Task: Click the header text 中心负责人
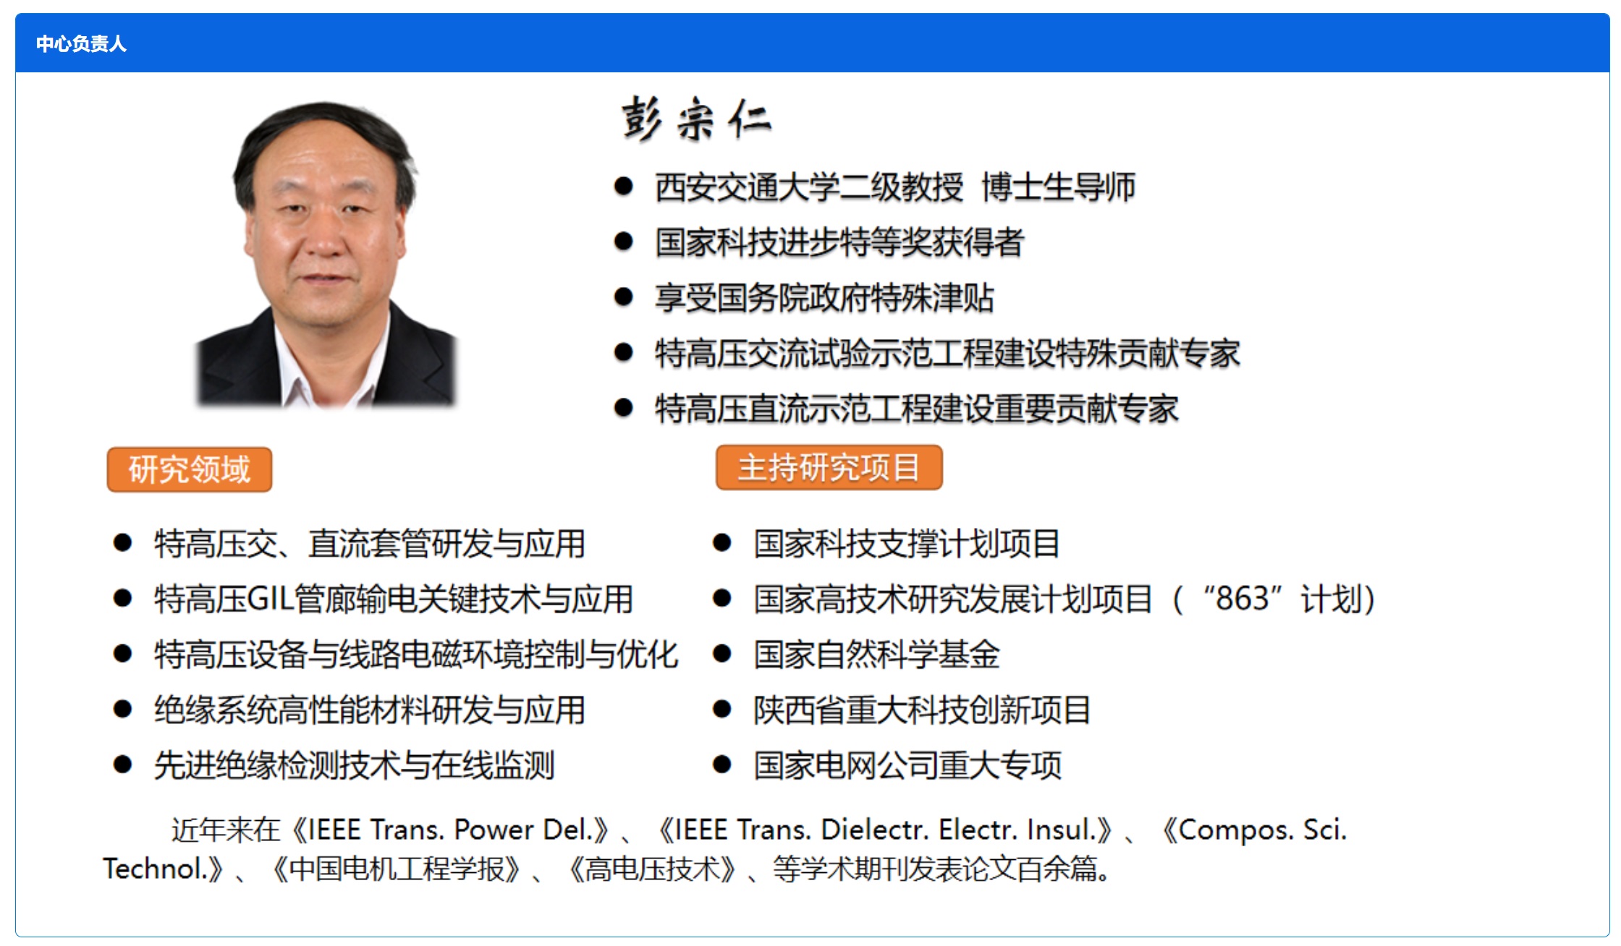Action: click(81, 44)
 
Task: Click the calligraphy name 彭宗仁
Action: click(696, 119)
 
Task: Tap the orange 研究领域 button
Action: click(190, 469)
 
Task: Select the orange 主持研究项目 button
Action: click(829, 468)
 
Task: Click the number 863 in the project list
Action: click(1243, 599)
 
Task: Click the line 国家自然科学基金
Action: click(877, 655)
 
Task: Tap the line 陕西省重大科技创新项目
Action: click(922, 710)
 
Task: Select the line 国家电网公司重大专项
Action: click(907, 765)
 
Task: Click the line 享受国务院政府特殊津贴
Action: click(824, 298)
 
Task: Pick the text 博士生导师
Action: click(1059, 187)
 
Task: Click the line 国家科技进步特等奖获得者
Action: click(839, 242)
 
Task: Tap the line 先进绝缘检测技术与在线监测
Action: click(355, 765)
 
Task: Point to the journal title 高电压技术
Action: click(652, 869)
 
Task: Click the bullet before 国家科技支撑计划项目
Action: click(721, 543)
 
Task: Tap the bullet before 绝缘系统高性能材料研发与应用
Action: click(122, 709)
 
